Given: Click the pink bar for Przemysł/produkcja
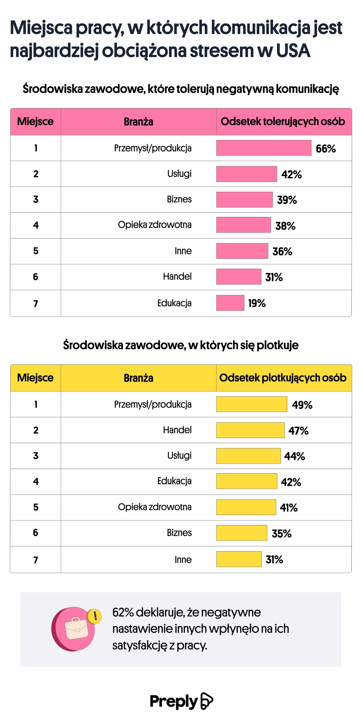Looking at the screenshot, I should pos(264,148).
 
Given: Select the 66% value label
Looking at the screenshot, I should pos(326,149).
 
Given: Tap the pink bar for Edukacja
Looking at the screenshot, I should pos(230,303).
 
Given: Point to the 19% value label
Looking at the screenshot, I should pos(257,303).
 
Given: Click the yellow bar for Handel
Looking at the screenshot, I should pos(250,430).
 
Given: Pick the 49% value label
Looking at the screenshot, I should pos(302,405).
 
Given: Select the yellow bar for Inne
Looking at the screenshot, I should pos(239,559).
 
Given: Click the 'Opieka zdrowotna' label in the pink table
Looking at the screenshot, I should pos(154,225).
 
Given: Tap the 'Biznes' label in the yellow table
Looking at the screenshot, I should pos(179,533).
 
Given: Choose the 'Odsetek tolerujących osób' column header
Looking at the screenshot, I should pos(283,122).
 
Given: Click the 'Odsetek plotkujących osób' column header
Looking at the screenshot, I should pos(283,378).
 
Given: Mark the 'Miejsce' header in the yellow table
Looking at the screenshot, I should pos(35,378).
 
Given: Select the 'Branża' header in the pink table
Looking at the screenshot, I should pos(138,122).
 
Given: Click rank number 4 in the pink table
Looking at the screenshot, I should pos(36,225).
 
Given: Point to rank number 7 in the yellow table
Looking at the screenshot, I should pos(36,560).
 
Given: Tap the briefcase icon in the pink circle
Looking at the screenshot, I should pos(76,629).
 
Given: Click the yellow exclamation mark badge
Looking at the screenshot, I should pos(95,616).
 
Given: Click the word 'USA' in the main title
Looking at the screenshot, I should pos(293,51).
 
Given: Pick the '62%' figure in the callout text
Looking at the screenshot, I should pos(123,613).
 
